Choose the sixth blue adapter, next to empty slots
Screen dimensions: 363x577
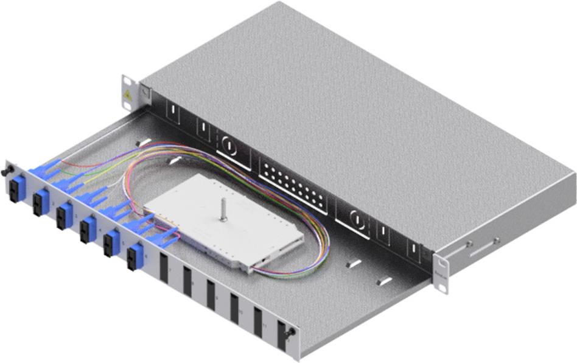point(134,256)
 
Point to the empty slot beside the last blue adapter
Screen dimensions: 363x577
point(163,269)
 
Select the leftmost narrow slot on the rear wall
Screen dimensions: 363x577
point(173,113)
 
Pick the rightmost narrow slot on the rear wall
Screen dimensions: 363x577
point(412,251)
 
